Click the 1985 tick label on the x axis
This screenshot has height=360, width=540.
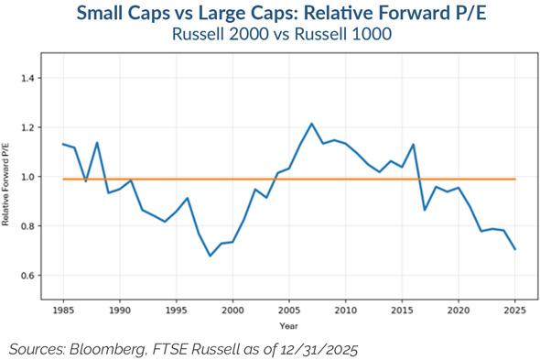[x=62, y=311]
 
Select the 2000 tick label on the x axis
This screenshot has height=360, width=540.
[x=232, y=311]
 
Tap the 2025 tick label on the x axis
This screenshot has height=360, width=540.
[x=515, y=311]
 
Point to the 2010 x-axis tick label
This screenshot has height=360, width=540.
[x=346, y=311]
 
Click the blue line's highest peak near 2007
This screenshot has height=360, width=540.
[x=311, y=124]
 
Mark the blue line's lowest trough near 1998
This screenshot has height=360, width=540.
[x=210, y=256]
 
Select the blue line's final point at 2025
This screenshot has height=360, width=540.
[x=515, y=249]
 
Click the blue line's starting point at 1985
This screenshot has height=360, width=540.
[x=62, y=144]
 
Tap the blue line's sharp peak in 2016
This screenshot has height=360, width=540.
[x=414, y=145]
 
